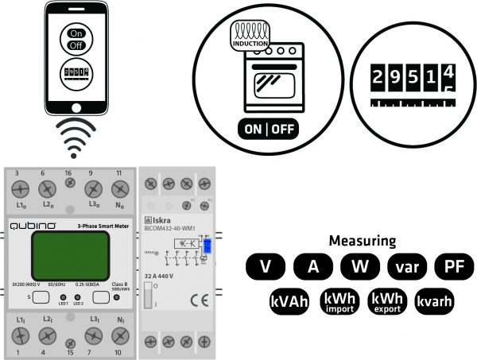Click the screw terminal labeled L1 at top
21,189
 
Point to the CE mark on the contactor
195,300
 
